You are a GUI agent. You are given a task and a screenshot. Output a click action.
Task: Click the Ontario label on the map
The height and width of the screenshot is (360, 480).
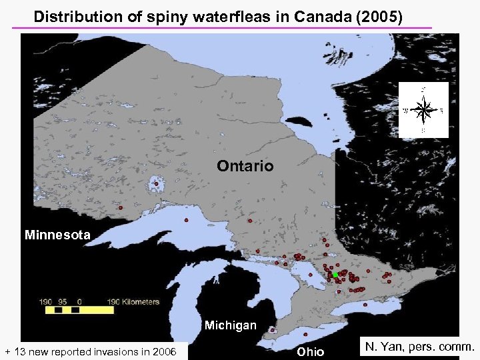click(245, 166)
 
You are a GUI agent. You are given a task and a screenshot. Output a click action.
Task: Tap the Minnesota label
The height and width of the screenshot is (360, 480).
click(57, 235)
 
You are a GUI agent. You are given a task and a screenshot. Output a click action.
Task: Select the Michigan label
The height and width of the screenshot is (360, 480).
click(230, 325)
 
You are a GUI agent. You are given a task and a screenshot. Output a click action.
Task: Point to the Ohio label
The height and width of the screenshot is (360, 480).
click(310, 351)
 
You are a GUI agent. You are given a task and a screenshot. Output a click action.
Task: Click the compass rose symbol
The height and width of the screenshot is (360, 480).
click(423, 109)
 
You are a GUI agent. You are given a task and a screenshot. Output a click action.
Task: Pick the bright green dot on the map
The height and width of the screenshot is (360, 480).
click(335, 275)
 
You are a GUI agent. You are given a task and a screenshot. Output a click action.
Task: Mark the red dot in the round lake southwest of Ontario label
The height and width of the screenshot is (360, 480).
click(156, 184)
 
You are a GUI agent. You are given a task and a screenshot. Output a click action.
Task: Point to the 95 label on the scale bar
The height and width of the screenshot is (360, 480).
click(63, 302)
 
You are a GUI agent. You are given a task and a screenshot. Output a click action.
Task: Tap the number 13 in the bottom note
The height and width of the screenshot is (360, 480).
click(21, 351)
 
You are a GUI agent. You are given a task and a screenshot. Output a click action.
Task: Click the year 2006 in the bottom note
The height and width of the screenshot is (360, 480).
click(163, 351)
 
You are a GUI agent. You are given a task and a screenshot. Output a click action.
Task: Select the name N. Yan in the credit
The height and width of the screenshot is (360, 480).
click(384, 347)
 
